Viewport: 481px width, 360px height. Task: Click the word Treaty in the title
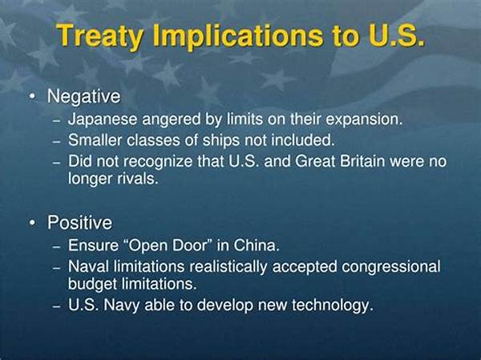tap(99, 36)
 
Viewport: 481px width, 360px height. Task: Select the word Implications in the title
tap(238, 36)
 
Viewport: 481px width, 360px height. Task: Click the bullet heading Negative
tap(84, 97)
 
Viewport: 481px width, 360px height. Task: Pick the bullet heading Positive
tap(79, 223)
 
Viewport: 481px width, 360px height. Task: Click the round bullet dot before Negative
tap(32, 97)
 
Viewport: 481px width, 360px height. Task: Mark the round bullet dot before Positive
tap(32, 223)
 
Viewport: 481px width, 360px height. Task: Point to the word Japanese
tap(103, 119)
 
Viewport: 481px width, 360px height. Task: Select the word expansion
tap(364, 119)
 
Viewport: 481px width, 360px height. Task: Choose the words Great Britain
tap(340, 161)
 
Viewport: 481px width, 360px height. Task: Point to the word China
tap(257, 245)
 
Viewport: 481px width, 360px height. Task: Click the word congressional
tap(391, 267)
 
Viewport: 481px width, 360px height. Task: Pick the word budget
tap(93, 284)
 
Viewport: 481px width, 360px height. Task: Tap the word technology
tap(333, 305)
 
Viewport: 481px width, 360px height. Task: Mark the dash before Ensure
tap(56, 246)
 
